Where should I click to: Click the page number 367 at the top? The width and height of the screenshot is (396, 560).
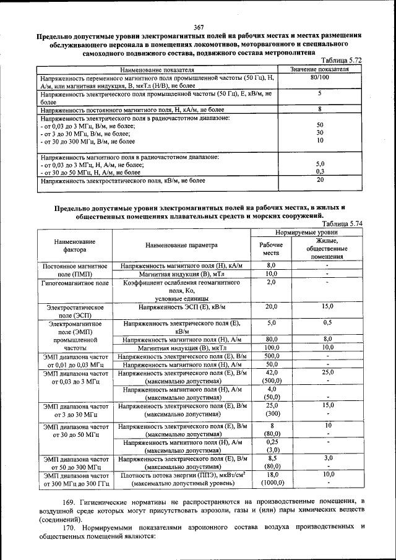[x=198, y=27]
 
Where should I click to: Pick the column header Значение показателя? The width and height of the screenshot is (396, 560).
[x=319, y=69]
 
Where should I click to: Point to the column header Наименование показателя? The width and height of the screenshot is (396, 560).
[x=157, y=69]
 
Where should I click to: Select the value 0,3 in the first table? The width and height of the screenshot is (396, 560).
[x=320, y=171]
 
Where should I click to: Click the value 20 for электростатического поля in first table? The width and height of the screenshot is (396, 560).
[x=320, y=180]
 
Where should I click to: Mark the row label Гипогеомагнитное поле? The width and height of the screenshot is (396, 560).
[x=75, y=282]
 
